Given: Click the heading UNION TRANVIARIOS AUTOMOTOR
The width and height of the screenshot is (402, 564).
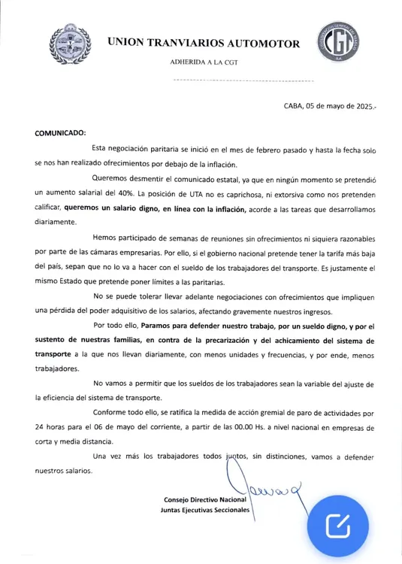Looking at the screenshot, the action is [x=204, y=43].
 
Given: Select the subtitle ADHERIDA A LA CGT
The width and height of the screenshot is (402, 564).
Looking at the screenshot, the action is [x=204, y=62].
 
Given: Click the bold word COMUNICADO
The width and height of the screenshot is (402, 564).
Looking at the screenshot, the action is [x=61, y=133].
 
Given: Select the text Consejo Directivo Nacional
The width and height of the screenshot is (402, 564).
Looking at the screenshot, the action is [x=204, y=500].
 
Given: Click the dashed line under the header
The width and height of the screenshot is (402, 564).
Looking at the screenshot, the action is [x=243, y=80].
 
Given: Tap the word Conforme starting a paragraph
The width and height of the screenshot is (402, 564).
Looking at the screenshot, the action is [x=114, y=412].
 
